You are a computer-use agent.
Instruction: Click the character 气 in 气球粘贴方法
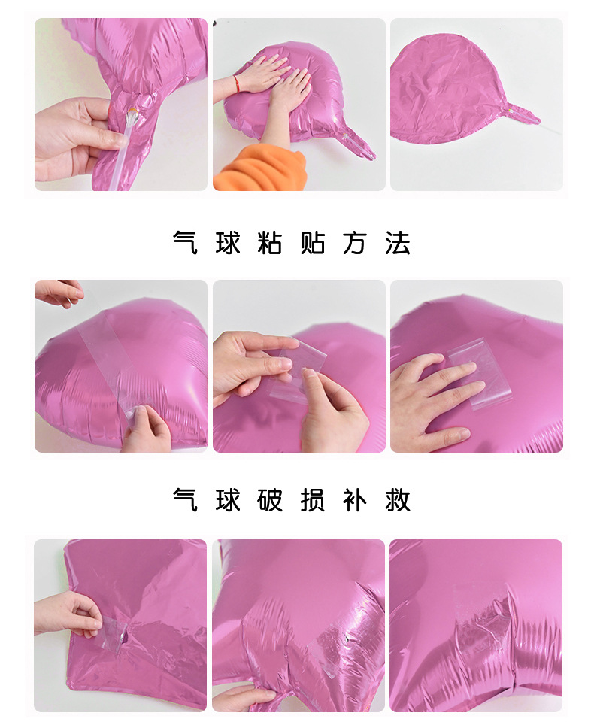pos(186,243)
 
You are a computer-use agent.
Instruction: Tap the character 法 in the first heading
pos(398,243)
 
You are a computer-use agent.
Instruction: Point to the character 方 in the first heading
pos(355,243)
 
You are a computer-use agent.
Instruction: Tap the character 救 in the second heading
pos(398,499)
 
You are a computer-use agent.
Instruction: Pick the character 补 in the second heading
pos(355,499)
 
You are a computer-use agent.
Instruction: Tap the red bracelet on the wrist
pos(237,80)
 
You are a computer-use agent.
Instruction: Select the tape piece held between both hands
pos(299,374)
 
